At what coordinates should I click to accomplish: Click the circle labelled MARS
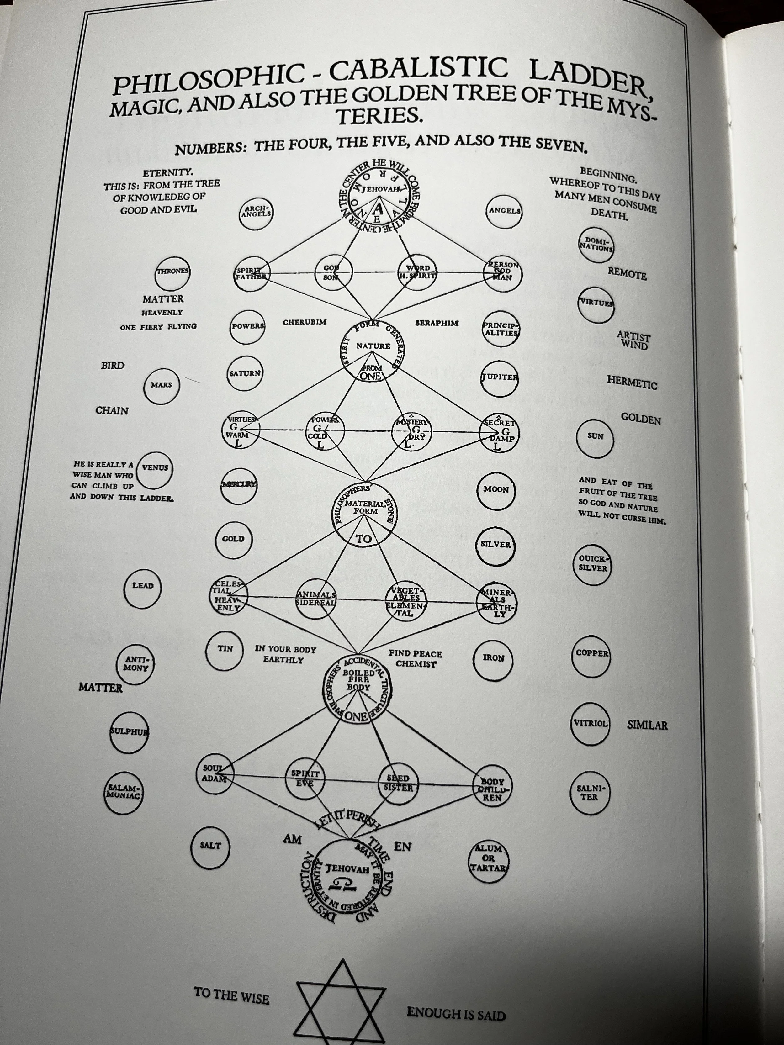(x=162, y=386)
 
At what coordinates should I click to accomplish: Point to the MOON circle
(x=496, y=490)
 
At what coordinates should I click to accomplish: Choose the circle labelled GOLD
(x=233, y=539)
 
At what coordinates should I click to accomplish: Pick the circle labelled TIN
(x=225, y=650)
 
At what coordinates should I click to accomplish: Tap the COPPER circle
(x=591, y=654)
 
